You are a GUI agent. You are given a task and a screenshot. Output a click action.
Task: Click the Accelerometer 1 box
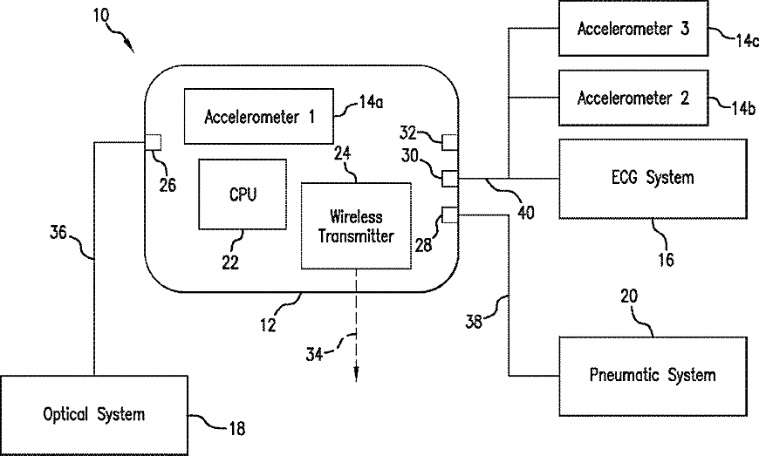[x=259, y=115]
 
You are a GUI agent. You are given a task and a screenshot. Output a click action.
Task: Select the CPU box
[x=243, y=194]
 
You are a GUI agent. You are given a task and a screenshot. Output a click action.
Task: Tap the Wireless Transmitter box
[x=356, y=225]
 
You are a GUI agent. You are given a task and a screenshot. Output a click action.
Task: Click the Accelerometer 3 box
[x=633, y=28]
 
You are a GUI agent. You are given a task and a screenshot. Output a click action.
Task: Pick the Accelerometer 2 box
[x=633, y=97]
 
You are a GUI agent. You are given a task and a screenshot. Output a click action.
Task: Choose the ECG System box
[x=653, y=178]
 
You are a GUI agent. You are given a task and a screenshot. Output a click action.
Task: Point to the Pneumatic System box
[x=653, y=375]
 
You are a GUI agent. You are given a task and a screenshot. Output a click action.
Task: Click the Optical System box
[x=93, y=414]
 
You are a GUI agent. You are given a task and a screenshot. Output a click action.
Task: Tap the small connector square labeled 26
[x=153, y=141]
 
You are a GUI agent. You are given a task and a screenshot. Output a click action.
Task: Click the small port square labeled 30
[x=450, y=179]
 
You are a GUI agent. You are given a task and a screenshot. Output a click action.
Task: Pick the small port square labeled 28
[x=450, y=214]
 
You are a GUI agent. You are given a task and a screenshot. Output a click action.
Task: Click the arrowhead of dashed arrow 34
[x=357, y=376]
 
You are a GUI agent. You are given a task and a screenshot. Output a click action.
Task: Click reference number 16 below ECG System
[x=664, y=258]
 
